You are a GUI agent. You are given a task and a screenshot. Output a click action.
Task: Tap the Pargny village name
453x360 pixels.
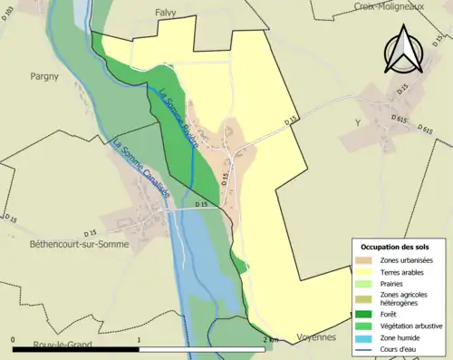coord(44,76)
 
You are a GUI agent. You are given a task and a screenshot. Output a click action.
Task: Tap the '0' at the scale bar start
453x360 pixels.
coord(14,339)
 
